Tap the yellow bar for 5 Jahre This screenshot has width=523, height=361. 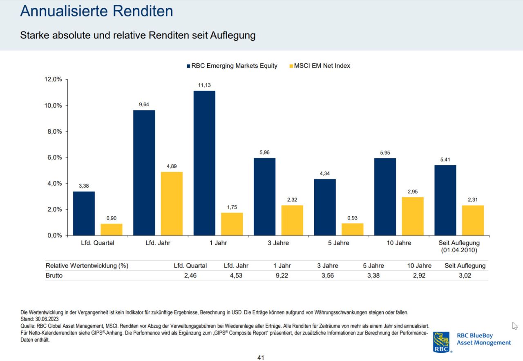click(352, 229)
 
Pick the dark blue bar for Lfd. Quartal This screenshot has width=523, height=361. click(84, 213)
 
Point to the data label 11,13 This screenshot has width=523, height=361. click(204, 85)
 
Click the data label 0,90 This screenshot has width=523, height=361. click(112, 218)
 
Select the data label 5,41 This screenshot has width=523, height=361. click(445, 159)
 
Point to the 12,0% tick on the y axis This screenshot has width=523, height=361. click(53, 79)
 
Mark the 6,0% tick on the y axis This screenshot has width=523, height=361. click(53, 157)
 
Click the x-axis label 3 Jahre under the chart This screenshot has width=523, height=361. click(278, 243)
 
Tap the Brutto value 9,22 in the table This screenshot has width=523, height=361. click(282, 276)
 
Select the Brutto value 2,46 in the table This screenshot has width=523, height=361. click(191, 276)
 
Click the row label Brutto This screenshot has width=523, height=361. click(54, 276)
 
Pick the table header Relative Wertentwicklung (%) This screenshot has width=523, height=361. click(87, 265)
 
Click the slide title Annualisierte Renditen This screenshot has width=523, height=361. click(96, 11)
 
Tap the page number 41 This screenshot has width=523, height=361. click(261, 357)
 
